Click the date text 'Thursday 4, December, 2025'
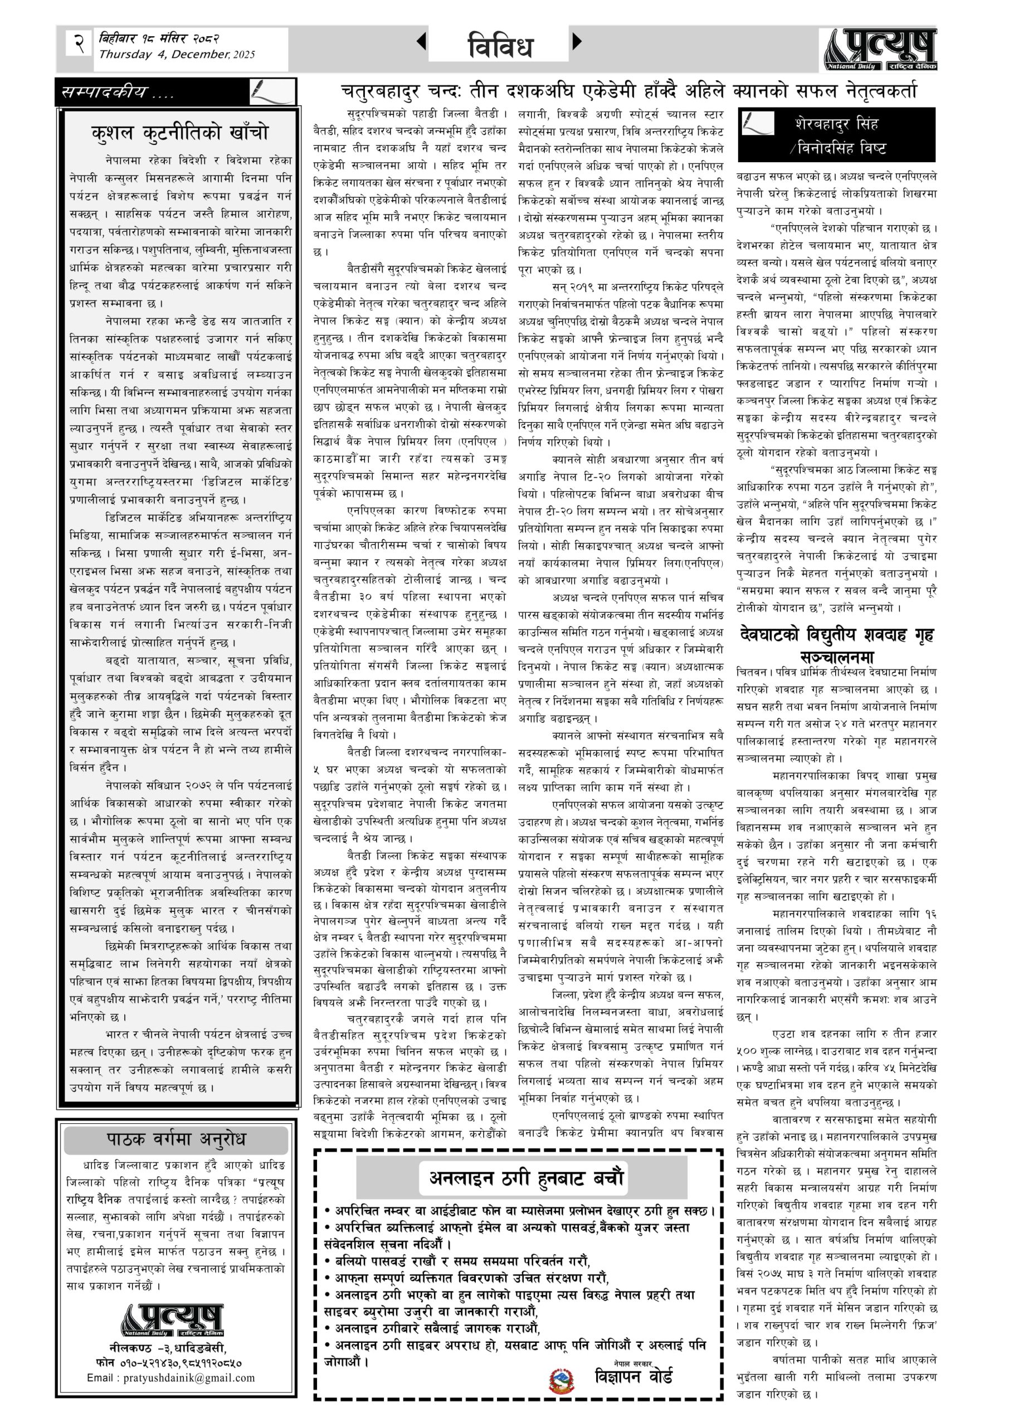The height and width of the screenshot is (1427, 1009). (x=177, y=55)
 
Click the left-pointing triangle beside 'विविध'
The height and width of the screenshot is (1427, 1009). (x=421, y=42)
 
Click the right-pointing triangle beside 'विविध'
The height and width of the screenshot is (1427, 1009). (x=577, y=42)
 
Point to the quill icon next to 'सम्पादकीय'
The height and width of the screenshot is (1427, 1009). (x=271, y=92)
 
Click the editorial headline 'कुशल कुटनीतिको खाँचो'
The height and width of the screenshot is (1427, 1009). (x=179, y=133)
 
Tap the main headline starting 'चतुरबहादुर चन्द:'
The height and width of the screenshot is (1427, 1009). (x=629, y=92)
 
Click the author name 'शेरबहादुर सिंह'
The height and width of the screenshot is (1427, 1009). (x=837, y=124)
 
